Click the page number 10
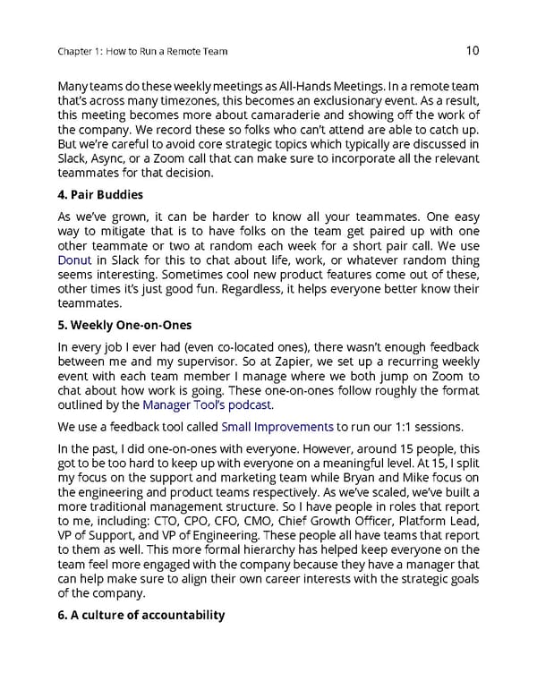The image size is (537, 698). click(x=474, y=51)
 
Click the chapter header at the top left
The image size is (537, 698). click(x=141, y=52)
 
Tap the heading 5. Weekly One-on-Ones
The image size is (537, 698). click(x=123, y=325)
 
